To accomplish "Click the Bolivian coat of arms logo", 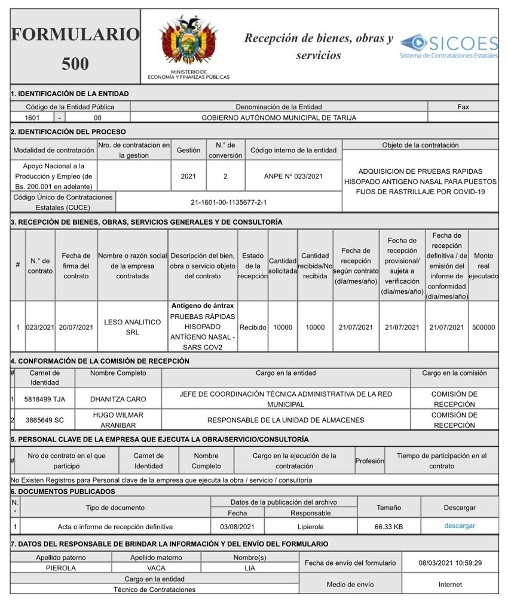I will [x=188, y=41].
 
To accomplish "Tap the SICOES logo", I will [x=449, y=46].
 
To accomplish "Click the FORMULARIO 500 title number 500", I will [x=75, y=64].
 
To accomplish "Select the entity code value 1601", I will [x=32, y=118].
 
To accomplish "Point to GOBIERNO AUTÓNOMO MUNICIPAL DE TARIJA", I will [x=279, y=118].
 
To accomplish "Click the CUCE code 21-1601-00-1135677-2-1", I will [x=229, y=202].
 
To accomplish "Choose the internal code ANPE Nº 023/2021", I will [x=293, y=176].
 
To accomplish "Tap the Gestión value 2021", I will [x=188, y=176].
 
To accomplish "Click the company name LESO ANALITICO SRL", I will [x=133, y=327].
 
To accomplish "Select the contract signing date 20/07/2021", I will [x=76, y=327].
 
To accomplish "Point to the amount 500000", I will [x=483, y=327].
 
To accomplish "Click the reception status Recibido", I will [x=253, y=327].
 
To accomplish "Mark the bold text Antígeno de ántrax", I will [x=202, y=306].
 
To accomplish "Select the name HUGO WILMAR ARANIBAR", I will [x=118, y=420].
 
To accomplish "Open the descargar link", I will [x=460, y=526].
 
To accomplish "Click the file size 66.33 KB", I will [x=388, y=527].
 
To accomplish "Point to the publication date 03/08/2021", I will [x=237, y=527].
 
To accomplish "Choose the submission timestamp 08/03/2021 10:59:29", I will [x=450, y=563].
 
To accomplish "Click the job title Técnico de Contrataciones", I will [x=154, y=589].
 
